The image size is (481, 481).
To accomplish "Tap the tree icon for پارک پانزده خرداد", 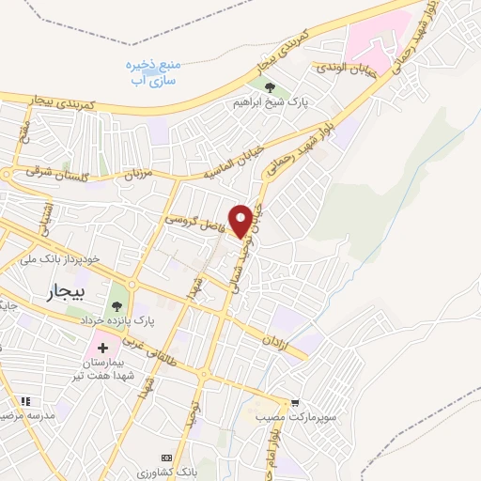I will click(116, 306).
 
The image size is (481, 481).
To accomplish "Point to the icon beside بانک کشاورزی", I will click(168, 457).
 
